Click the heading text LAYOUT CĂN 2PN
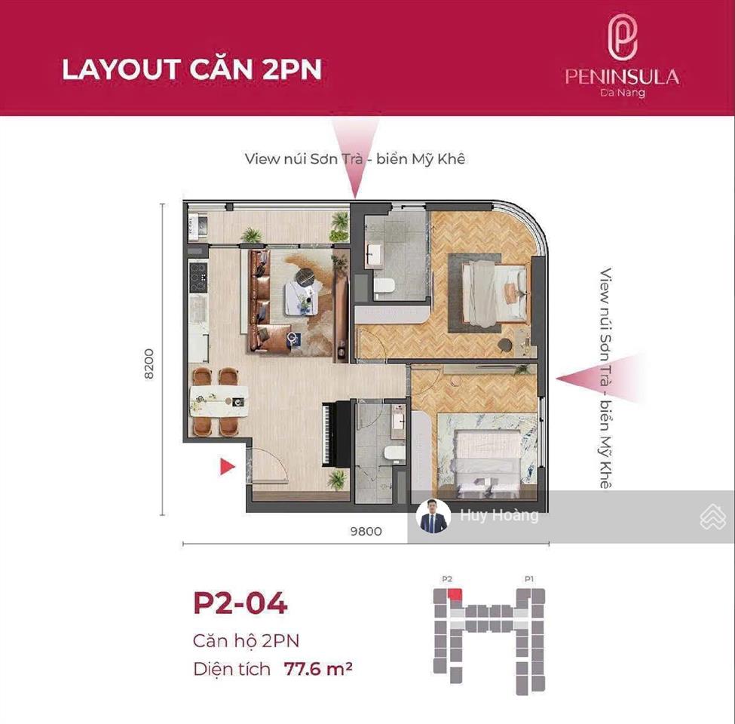(191, 69)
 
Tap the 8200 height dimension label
(149, 364)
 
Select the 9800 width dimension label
(366, 531)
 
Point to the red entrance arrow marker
(228, 467)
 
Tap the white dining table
(219, 401)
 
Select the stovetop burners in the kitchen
(198, 277)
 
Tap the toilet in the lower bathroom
(394, 453)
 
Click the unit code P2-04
(240, 603)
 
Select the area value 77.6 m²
(318, 668)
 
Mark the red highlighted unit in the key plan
(455, 594)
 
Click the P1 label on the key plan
(528, 579)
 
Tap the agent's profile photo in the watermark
(433, 516)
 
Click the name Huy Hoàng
(499, 515)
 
